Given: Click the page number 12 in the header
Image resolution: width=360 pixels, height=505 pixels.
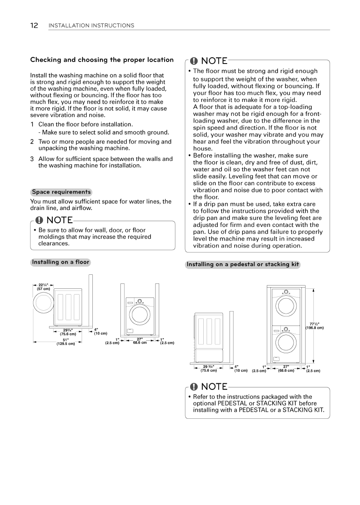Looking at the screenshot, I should (34, 26).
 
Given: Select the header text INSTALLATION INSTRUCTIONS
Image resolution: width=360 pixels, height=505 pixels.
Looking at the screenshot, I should (91, 26).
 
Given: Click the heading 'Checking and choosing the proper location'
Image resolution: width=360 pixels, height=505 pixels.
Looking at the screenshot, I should (102, 60).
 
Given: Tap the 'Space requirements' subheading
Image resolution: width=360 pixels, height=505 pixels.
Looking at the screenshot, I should (61, 192).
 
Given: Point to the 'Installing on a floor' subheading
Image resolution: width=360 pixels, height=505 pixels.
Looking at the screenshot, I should (61, 262).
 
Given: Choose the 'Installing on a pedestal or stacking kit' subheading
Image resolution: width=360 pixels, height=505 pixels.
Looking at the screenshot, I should (243, 264).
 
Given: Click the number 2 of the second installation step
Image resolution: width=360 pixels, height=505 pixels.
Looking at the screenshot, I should (32, 142).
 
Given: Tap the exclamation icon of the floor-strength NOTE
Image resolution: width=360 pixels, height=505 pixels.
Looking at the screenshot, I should (194, 61).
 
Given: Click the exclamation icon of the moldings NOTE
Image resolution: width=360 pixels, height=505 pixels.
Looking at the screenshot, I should (40, 220).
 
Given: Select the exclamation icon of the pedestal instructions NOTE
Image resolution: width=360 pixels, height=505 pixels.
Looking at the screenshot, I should (194, 387).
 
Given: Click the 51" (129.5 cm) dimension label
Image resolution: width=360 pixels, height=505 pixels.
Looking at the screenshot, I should (66, 342).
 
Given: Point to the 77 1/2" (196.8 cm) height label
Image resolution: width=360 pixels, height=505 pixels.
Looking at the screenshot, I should (314, 326).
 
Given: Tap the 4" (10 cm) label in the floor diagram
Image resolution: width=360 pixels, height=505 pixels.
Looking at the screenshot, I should (100, 331).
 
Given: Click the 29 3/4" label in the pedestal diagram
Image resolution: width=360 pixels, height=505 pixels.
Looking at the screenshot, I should (209, 368).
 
